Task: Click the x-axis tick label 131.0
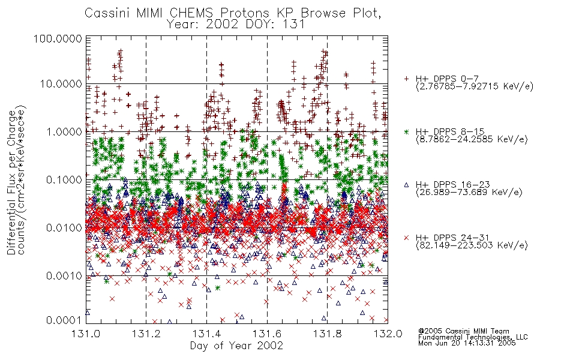[x=86, y=334]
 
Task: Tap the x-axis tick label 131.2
[x=146, y=334]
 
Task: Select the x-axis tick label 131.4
[x=206, y=334]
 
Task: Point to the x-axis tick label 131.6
[x=267, y=334]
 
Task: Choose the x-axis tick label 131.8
[x=327, y=334]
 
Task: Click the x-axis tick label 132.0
[x=388, y=334]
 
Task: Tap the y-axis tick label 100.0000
[x=58, y=38]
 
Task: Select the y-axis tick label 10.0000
[x=61, y=84]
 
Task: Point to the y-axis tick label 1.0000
[x=64, y=131]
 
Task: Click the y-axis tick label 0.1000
[x=64, y=179]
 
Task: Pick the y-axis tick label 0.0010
[x=64, y=275]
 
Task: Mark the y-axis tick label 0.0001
[x=64, y=320]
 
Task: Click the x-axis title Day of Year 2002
[x=236, y=346]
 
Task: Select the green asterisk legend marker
[x=406, y=131]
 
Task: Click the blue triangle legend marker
[x=406, y=185]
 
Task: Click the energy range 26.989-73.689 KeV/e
[x=469, y=193]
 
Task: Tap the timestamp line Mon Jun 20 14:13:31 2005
[x=467, y=343]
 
